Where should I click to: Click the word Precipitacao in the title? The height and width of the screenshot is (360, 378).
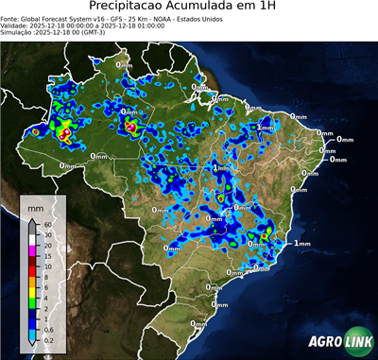(127, 8)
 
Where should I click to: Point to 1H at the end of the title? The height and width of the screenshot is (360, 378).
(281, 8)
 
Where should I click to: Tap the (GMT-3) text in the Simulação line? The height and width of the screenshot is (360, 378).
(92, 33)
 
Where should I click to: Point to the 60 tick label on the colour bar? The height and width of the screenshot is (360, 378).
(46, 224)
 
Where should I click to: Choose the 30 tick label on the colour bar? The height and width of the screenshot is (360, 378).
(46, 233)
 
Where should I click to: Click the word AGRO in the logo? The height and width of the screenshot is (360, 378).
(324, 343)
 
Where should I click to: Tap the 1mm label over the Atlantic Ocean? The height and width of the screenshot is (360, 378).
(301, 244)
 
